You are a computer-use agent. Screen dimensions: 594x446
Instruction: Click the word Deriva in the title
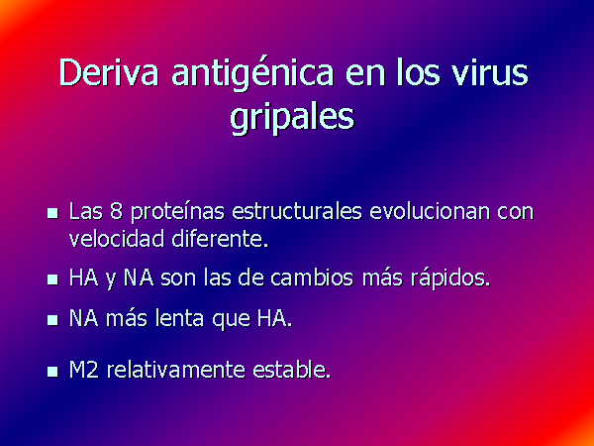[x=108, y=72]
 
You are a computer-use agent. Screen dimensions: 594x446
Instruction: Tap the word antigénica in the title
[x=252, y=74]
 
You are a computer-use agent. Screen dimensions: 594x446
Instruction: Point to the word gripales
[x=292, y=117]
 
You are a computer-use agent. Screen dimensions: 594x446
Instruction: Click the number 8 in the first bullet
[x=116, y=211]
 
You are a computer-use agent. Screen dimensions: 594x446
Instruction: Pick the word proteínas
[x=177, y=212]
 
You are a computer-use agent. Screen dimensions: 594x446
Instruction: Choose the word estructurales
[x=297, y=211]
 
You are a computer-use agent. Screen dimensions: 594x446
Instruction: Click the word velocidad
[x=117, y=239]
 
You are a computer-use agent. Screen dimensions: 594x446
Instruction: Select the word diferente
[x=220, y=239]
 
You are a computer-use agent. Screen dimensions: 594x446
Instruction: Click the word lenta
[x=179, y=318]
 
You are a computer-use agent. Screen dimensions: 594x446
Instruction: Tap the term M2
[x=84, y=370]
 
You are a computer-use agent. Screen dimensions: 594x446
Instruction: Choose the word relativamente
[x=176, y=370]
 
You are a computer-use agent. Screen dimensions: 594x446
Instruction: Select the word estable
[x=292, y=370]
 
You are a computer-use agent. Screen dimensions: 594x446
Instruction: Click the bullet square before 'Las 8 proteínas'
[x=52, y=213]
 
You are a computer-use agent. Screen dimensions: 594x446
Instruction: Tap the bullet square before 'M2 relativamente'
[x=52, y=372]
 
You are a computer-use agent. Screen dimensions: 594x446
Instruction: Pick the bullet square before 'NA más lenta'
[x=52, y=320]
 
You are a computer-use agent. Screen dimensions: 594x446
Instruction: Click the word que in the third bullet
[x=231, y=320]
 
